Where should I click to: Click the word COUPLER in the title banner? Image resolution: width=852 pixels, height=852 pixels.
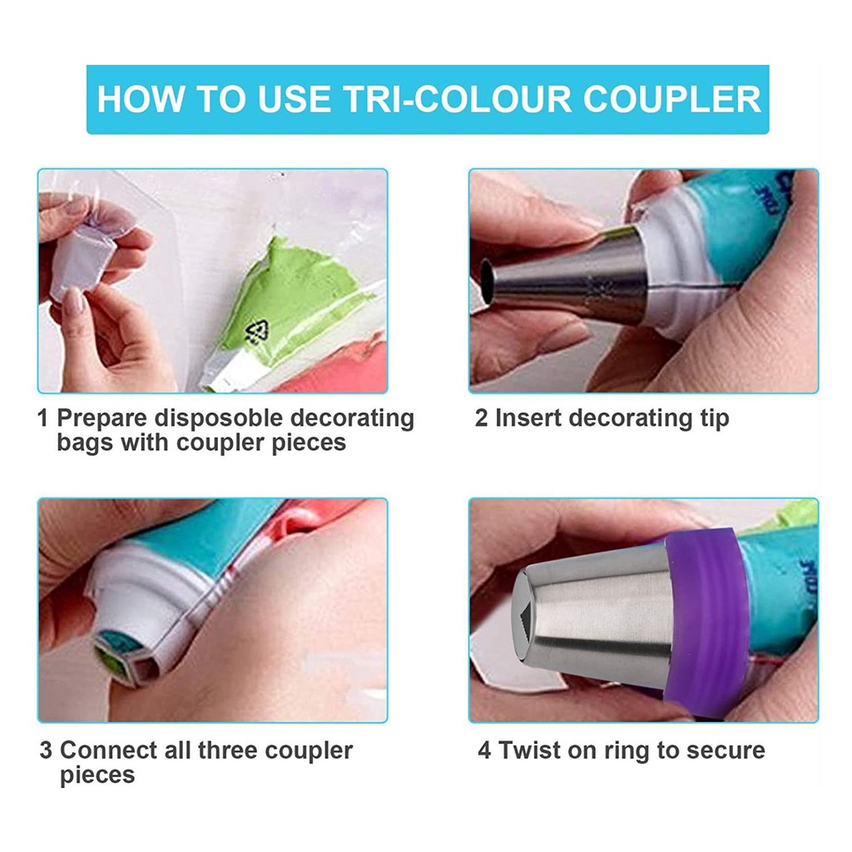click(672, 99)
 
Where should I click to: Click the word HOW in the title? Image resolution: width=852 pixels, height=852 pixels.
click(141, 99)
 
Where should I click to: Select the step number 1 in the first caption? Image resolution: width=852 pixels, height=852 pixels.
click(42, 419)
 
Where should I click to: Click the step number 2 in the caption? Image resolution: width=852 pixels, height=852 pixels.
click(482, 419)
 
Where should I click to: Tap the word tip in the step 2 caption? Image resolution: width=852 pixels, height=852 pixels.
click(712, 419)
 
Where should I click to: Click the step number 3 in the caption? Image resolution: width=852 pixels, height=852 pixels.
click(47, 750)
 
